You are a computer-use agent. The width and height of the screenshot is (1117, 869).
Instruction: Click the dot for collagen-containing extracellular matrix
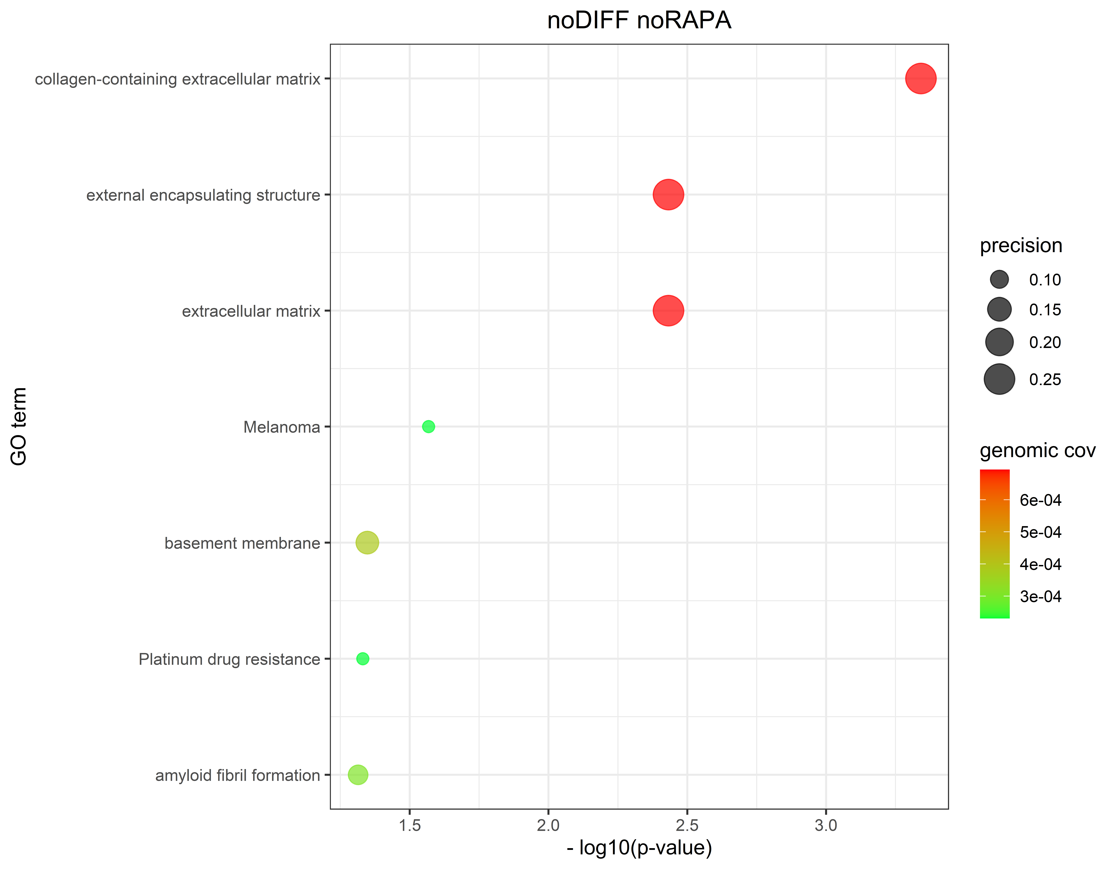pyautogui.click(x=921, y=79)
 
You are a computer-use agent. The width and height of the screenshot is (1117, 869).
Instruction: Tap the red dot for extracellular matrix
pyautogui.click(x=668, y=310)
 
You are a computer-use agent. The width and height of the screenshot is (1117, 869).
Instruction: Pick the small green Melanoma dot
pyautogui.click(x=429, y=427)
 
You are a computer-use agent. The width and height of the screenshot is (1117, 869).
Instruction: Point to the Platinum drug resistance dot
pyautogui.click(x=363, y=659)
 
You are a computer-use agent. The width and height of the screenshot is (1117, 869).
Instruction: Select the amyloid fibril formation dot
pyautogui.click(x=358, y=775)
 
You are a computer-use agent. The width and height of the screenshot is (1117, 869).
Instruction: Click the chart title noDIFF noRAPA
pyautogui.click(x=639, y=20)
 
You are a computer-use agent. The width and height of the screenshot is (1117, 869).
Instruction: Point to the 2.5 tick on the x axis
pyautogui.click(x=687, y=825)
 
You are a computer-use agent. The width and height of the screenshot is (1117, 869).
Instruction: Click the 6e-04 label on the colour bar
pyautogui.click(x=1040, y=500)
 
